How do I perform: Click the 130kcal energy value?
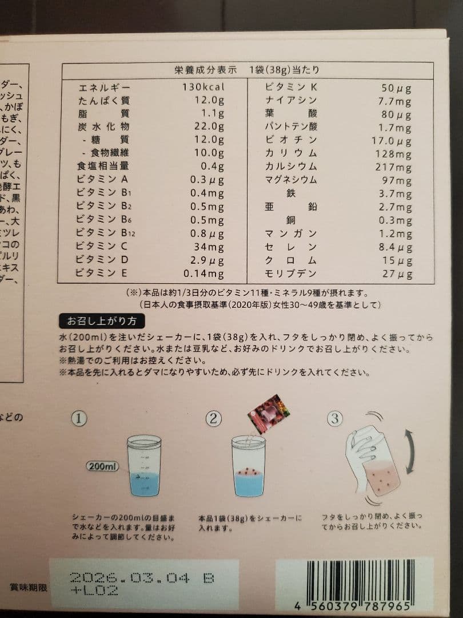coord(203,88)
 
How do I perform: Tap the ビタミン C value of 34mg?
coord(209,247)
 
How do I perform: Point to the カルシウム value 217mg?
coord(394,167)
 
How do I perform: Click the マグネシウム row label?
coord(291,180)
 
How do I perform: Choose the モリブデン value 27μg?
coord(397,274)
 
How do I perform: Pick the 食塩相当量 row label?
coord(103,167)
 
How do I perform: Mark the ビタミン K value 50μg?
coord(396,88)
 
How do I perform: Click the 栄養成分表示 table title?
coord(205,70)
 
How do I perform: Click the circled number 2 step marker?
coord(213,419)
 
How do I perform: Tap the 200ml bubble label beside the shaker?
coord(103,466)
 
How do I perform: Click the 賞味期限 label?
coord(29,587)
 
